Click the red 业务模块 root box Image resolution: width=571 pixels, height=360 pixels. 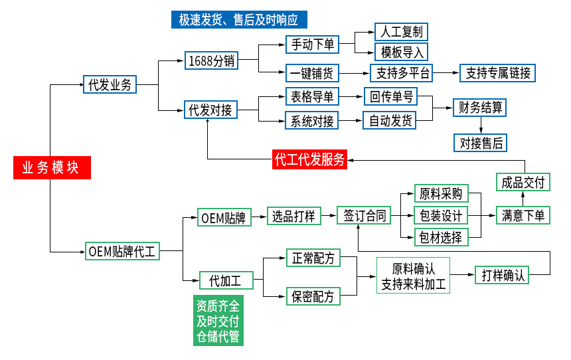click(51, 168)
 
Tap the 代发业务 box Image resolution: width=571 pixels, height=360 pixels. click(110, 84)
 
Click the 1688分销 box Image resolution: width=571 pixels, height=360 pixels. click(212, 60)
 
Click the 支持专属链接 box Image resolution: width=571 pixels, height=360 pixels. click(498, 72)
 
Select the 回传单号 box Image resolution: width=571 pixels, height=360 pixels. click(391, 97)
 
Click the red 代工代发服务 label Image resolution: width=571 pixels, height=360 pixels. click(309, 159)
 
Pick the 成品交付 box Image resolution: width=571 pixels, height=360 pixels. click(523, 183)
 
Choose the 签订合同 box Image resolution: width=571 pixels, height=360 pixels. click(364, 216)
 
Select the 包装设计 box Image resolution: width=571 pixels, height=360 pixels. click(441, 216)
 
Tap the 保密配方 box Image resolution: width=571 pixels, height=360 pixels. click(313, 296)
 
